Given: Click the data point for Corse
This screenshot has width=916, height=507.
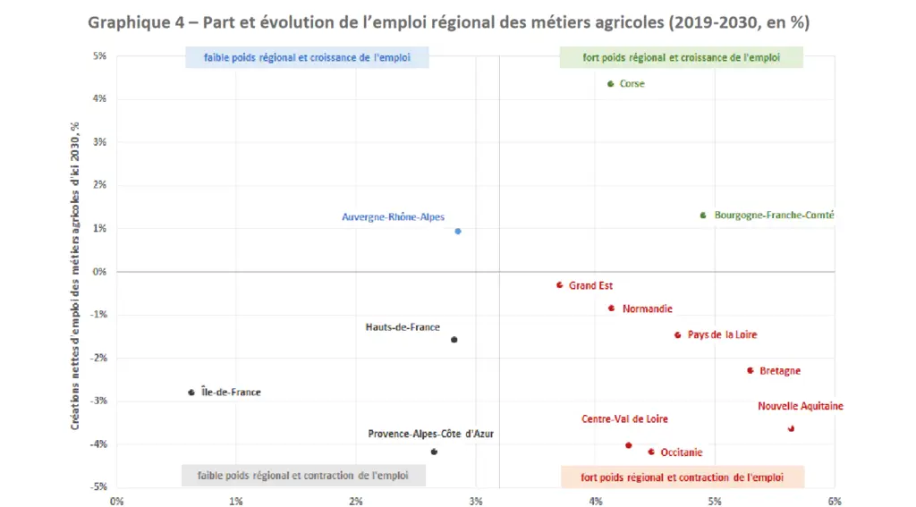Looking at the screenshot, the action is (610, 84).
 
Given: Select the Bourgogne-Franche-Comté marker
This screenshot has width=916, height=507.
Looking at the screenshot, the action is (703, 215).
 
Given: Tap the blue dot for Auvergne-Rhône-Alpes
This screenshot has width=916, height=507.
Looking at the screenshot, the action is (458, 232).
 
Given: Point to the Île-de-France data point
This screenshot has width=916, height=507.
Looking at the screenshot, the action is (191, 393).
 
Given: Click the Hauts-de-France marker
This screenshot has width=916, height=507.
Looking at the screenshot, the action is (454, 340).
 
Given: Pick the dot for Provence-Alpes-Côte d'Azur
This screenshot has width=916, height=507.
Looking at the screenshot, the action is (434, 452).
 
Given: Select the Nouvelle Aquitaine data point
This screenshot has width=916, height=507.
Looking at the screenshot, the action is (792, 428).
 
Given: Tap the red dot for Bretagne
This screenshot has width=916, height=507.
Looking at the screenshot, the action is (751, 371).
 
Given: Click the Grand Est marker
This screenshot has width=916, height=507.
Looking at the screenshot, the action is (560, 285).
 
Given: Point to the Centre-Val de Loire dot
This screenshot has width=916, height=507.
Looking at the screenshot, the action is (629, 445).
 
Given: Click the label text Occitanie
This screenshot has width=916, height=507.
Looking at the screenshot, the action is (681, 452).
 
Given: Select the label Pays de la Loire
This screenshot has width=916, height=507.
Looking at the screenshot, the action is (722, 334).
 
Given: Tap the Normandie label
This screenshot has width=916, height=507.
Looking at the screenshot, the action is (648, 309).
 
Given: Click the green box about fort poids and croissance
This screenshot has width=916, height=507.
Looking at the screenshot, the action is (681, 58).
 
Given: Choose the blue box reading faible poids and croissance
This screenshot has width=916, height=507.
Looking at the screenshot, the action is (308, 58).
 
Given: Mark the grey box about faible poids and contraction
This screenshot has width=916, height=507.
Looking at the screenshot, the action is (303, 476).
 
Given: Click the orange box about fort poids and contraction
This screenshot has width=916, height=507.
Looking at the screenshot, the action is (683, 477).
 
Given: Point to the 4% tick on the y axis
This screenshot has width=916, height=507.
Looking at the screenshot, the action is (99, 98).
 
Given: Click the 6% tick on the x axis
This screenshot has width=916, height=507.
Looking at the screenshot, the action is (835, 501).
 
